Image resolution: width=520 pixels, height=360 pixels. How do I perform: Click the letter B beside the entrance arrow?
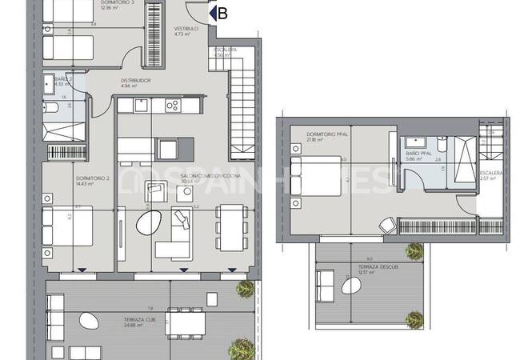[x=222, y=13]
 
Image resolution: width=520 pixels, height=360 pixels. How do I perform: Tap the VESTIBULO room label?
[x=186, y=28]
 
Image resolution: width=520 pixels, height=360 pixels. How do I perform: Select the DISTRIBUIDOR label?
[x=136, y=81]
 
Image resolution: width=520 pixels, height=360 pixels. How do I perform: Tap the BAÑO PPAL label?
[x=419, y=152]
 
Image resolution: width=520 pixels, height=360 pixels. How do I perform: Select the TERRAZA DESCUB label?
[x=368, y=267]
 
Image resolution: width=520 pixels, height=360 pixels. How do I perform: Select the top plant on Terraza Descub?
[x=414, y=251]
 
